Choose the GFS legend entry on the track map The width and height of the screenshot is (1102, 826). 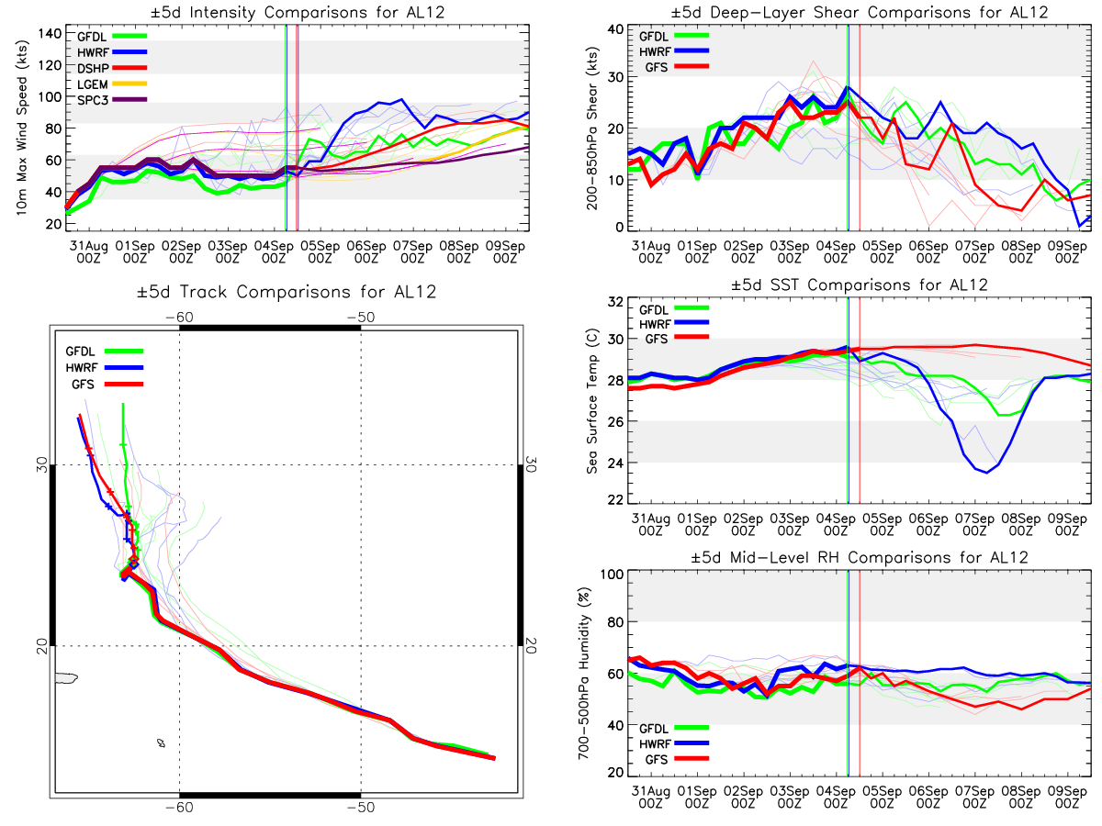[x=83, y=384]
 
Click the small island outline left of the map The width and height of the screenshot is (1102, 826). [x=66, y=678]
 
